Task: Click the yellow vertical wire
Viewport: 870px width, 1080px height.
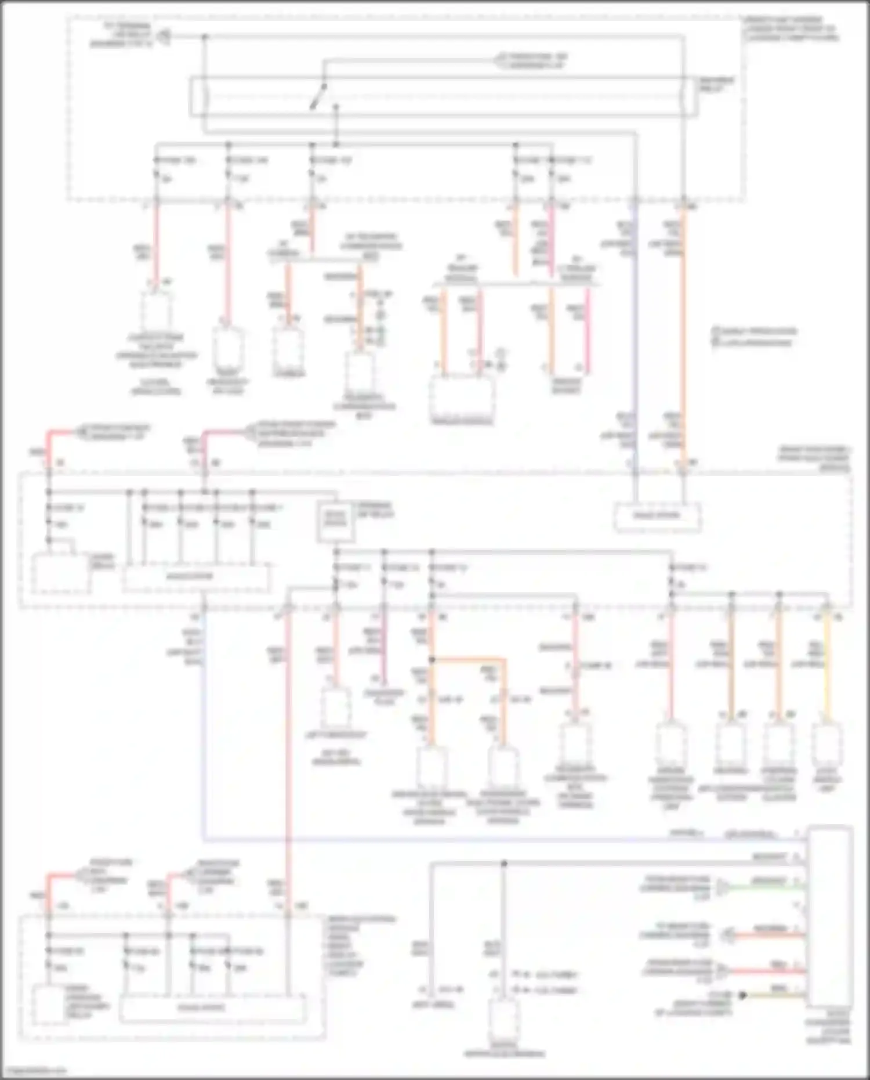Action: (826, 667)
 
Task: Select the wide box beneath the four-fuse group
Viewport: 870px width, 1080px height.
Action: (196, 577)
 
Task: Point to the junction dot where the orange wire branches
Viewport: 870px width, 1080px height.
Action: (432, 660)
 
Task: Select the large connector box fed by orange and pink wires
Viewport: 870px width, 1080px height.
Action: (462, 400)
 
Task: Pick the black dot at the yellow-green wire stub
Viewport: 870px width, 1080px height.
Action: (742, 995)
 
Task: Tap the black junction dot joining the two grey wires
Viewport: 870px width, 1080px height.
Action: (504, 864)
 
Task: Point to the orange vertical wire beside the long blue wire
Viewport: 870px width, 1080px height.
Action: (683, 337)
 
